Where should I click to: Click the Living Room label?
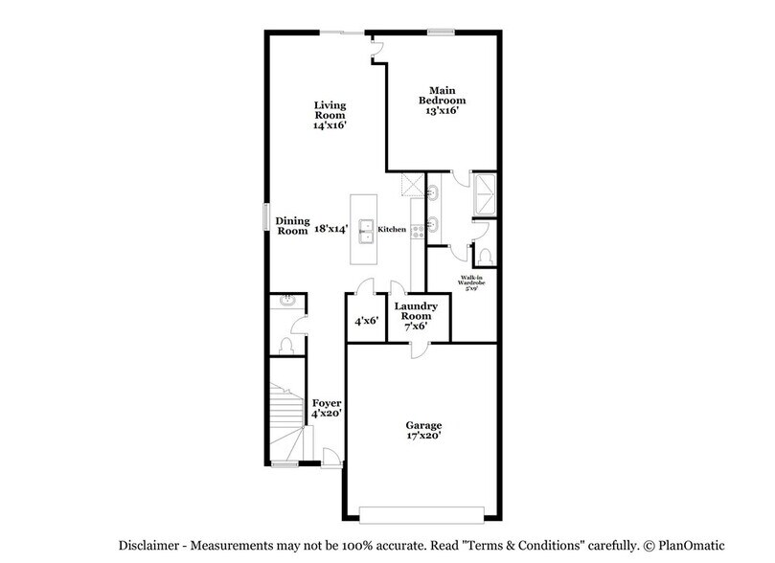pyautogui.click(x=331, y=116)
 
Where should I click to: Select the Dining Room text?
pyautogui.click(x=292, y=226)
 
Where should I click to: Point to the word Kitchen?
pyautogui.click(x=393, y=230)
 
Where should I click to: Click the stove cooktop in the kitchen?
pyautogui.click(x=417, y=230)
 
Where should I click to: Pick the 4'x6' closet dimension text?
pyautogui.click(x=366, y=322)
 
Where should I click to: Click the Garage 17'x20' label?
pyautogui.click(x=422, y=430)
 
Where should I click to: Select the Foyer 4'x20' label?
pyautogui.click(x=327, y=409)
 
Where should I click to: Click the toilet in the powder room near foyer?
pyautogui.click(x=285, y=345)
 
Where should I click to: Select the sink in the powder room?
pyautogui.click(x=285, y=303)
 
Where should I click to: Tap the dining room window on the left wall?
pyautogui.click(x=267, y=216)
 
